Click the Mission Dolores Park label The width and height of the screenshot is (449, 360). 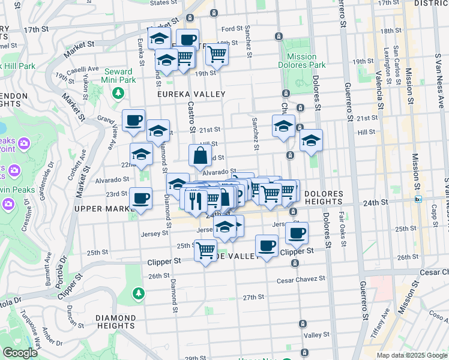301,61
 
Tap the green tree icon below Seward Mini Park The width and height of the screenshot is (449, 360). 119,93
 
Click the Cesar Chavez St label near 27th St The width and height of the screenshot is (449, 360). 301,279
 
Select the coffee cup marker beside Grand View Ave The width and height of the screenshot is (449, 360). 134,120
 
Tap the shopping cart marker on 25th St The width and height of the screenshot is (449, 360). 205,249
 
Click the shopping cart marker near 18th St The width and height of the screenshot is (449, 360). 217,54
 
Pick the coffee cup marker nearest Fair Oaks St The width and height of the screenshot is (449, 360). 296,233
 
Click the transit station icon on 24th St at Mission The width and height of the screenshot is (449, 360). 418,199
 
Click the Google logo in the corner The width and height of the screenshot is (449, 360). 20,353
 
